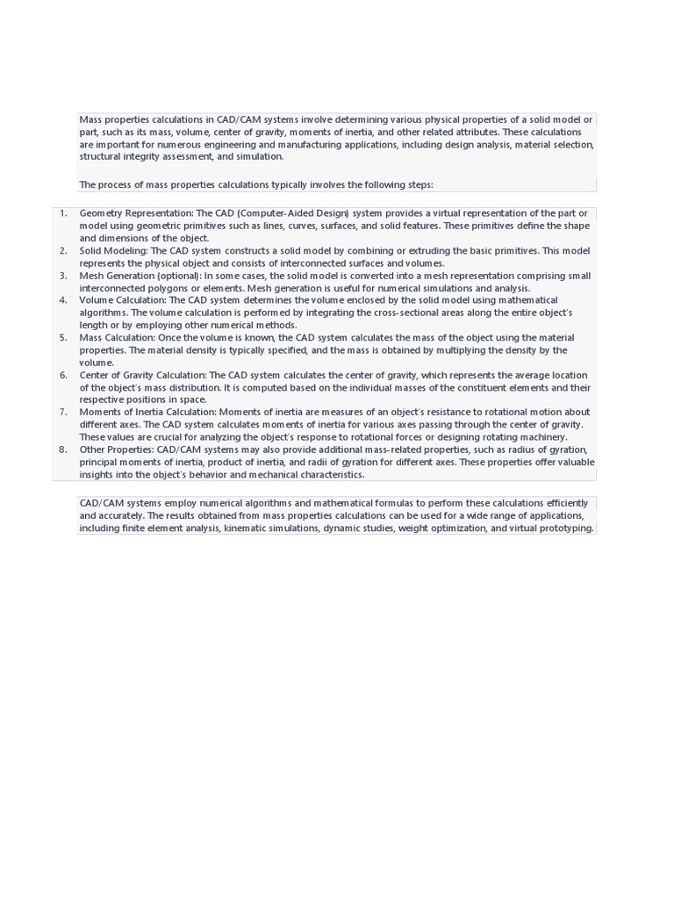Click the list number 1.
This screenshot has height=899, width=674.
[63, 213]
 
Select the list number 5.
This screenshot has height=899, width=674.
[63, 337]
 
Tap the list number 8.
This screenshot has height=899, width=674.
[63, 449]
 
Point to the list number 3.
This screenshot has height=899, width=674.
[63, 276]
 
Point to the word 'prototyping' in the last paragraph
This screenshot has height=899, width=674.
[566, 529]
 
